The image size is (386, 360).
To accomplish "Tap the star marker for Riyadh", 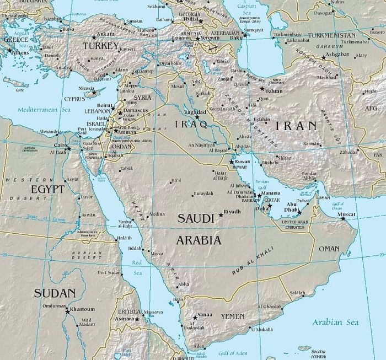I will pos(222,214).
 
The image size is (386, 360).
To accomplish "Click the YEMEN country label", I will pos(232,316).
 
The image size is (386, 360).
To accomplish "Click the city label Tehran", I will pos(274,90).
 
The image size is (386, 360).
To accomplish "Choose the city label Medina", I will pos(157,214).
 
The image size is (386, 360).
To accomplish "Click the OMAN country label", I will pos(329,249).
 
